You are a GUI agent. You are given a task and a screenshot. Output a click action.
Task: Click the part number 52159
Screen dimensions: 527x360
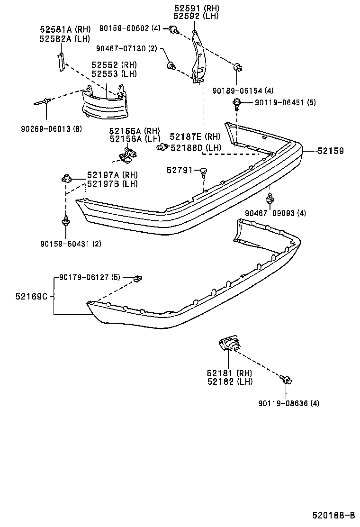[x=330, y=151]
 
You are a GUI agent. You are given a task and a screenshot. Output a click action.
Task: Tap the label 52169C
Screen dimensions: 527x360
[x=32, y=297]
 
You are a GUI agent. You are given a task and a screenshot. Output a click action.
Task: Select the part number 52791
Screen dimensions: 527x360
[x=180, y=170]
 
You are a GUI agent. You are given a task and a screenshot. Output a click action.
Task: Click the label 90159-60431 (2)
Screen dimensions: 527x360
[x=71, y=244]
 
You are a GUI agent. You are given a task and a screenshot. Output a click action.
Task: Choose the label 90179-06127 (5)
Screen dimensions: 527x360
[x=90, y=278]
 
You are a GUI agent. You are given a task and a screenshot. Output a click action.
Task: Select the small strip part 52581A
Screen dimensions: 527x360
[x=60, y=62]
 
